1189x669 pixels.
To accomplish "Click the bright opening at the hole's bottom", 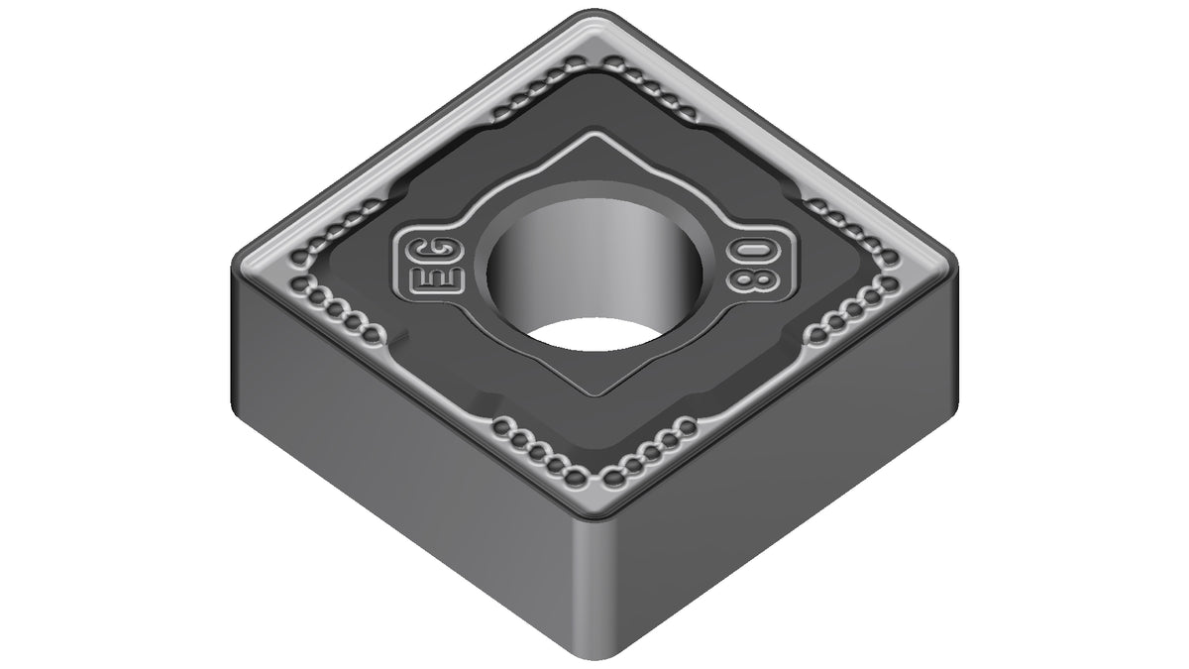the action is [x=594, y=335].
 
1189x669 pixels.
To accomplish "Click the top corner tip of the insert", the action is [x=594, y=12].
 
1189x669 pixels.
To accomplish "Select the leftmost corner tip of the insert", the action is [x=235, y=266].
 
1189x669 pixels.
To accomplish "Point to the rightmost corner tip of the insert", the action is [x=956, y=266].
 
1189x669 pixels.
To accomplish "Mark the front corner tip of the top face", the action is [x=594, y=514].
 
